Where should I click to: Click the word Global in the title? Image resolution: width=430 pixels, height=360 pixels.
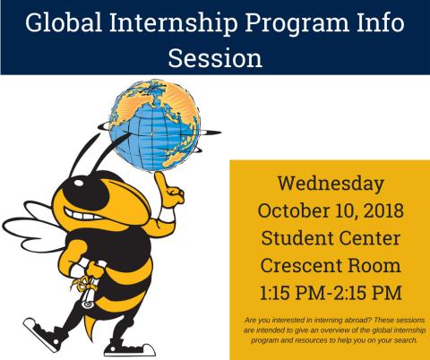pyautogui.click(x=64, y=23)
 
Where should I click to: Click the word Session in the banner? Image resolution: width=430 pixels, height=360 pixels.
pyautogui.click(x=215, y=57)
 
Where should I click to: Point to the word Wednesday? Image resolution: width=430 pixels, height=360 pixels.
pyautogui.click(x=331, y=184)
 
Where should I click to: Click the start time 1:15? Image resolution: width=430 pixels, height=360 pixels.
pyautogui.click(x=275, y=293)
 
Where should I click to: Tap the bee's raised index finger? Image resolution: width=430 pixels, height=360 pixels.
pyautogui.click(x=161, y=181)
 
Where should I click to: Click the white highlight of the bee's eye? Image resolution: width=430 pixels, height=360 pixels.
pyautogui.click(x=80, y=183)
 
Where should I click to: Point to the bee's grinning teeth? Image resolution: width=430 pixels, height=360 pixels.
pyautogui.click(x=82, y=215)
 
